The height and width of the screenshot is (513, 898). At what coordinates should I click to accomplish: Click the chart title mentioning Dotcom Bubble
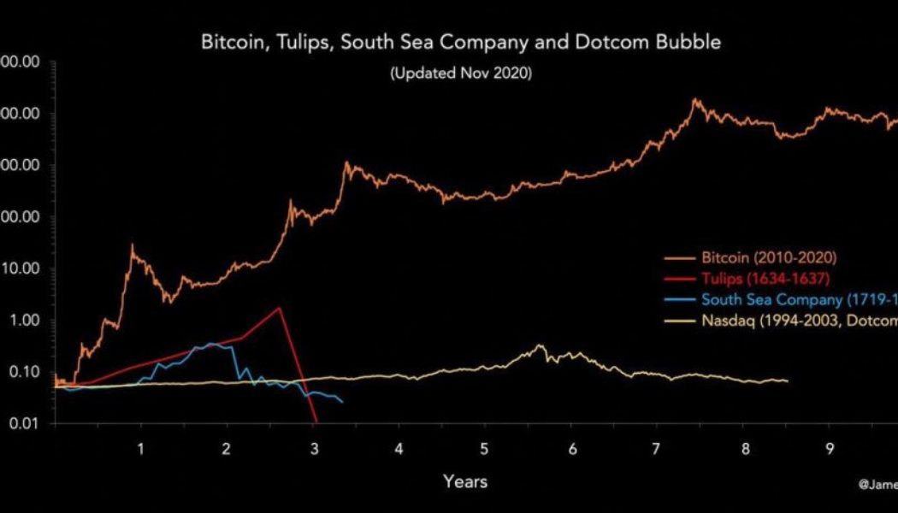click(x=461, y=42)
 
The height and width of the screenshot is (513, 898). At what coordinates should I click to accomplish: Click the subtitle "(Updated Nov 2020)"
click(x=461, y=74)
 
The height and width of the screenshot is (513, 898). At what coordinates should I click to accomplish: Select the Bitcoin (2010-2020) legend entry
click(x=768, y=257)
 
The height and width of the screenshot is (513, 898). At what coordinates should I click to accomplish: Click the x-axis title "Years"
click(x=465, y=481)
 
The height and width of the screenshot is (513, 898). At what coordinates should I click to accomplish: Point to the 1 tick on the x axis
click(x=141, y=449)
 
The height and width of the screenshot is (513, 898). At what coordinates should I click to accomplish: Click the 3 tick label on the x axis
click(x=314, y=449)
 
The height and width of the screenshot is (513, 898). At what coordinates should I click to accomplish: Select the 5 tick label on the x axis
click(x=484, y=449)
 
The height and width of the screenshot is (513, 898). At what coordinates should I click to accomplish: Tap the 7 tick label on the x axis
click(x=656, y=449)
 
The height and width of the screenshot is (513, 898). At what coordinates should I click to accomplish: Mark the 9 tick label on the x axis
click(x=828, y=449)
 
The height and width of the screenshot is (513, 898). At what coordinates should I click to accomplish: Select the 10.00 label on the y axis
click(x=21, y=268)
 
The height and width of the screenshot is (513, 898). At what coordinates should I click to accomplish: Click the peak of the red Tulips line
click(x=280, y=308)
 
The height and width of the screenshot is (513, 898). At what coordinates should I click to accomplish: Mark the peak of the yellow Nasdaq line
click(x=539, y=345)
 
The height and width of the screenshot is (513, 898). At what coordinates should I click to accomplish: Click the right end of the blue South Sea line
click(x=343, y=402)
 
